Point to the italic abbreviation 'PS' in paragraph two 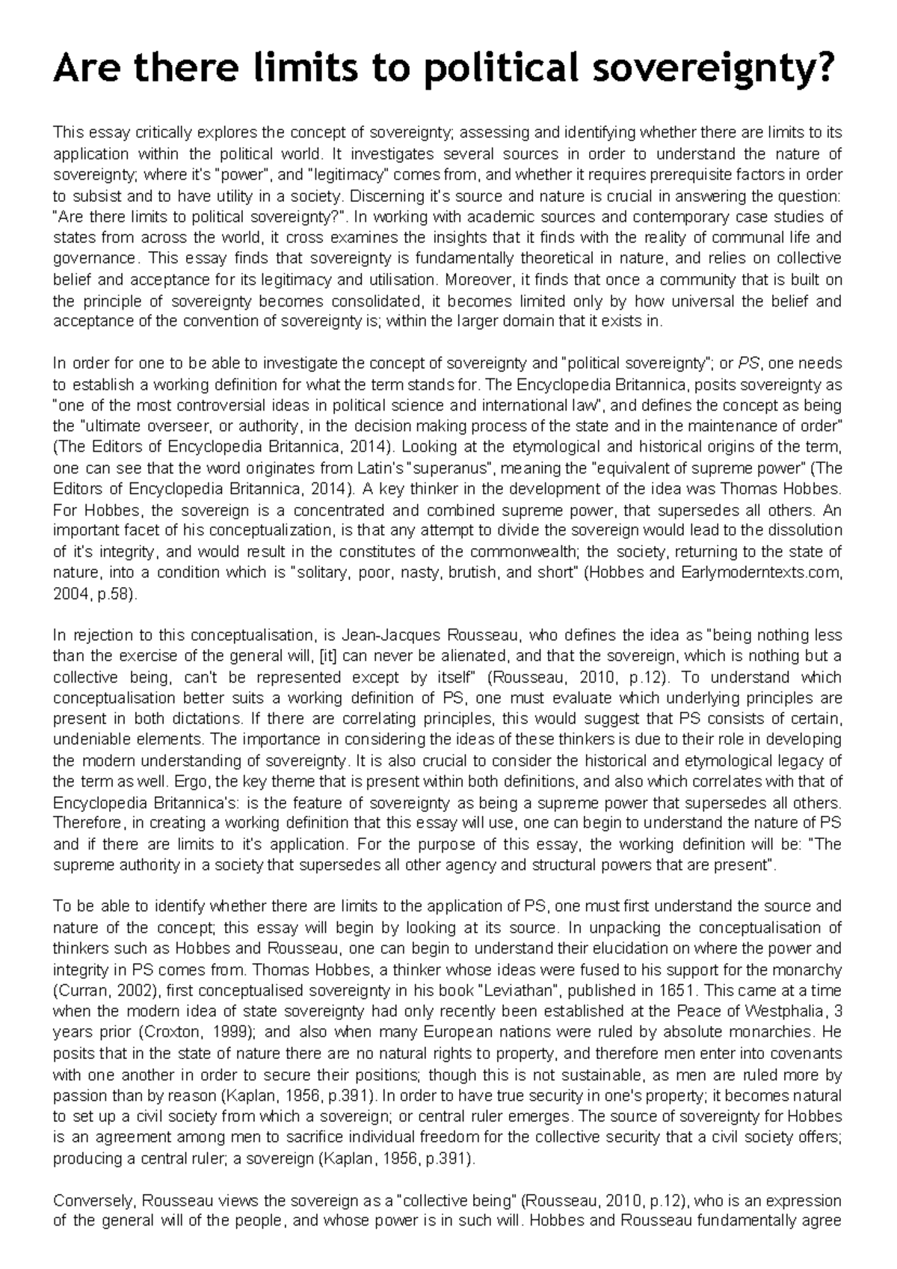[x=748, y=364]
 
